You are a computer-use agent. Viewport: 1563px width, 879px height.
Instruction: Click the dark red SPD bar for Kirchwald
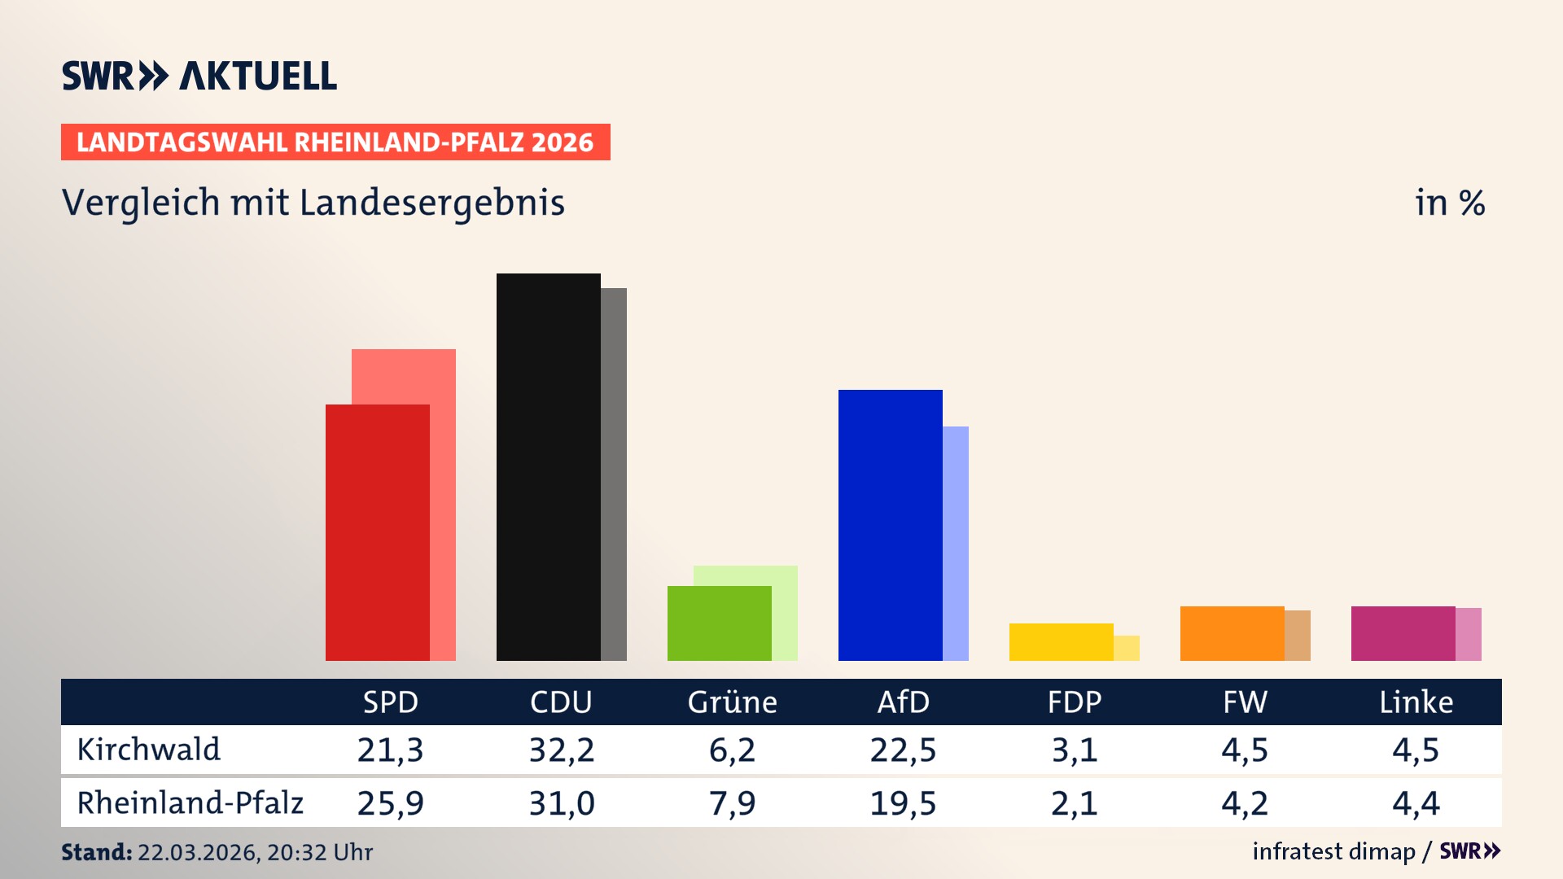coord(377,533)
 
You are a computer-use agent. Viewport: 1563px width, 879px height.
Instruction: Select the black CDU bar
coord(548,467)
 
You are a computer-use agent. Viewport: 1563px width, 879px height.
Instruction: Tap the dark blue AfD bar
coord(890,525)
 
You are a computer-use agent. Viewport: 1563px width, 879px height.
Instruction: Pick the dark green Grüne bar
coord(719,623)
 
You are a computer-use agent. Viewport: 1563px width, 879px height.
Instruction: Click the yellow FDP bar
coord(1061,642)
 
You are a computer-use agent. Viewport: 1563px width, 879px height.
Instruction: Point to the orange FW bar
coord(1232,633)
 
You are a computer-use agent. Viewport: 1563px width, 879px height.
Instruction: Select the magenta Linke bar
coord(1403,633)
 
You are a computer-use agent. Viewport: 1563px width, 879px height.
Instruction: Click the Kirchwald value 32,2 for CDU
coord(562,750)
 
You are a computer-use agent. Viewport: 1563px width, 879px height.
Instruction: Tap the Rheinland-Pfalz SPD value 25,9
coord(391,803)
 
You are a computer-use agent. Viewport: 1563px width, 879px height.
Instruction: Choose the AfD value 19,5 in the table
coord(903,803)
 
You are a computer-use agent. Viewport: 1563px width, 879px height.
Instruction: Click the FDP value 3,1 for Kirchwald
coord(1075,750)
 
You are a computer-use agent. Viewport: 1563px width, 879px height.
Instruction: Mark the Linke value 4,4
coord(1416,803)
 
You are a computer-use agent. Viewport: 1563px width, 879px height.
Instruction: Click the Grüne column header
coord(732,702)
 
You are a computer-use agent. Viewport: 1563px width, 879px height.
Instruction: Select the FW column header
coord(1245,702)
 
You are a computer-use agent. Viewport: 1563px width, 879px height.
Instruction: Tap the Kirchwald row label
coord(149,750)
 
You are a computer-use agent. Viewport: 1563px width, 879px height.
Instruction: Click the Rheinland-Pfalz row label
coord(190,803)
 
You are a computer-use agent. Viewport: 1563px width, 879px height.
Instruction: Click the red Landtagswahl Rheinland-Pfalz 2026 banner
coord(335,142)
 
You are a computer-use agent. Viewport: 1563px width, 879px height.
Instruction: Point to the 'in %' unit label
coord(1450,203)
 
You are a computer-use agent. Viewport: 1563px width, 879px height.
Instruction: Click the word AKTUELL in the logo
coord(258,77)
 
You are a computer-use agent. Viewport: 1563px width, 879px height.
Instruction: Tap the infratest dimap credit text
coord(1333,851)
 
